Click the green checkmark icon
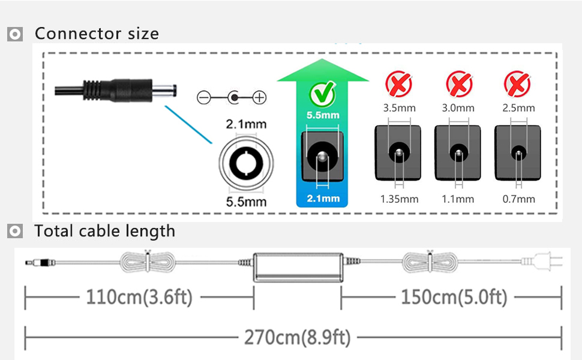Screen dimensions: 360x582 click(x=322, y=93)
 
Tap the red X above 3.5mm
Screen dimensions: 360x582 click(x=398, y=85)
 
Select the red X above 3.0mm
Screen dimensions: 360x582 click(x=458, y=85)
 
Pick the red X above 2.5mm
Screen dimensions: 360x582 click(x=518, y=85)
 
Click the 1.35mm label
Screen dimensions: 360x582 click(x=399, y=199)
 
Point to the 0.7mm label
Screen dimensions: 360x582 click(x=518, y=199)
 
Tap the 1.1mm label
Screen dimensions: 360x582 click(x=458, y=199)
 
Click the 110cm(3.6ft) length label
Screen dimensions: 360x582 click(x=139, y=297)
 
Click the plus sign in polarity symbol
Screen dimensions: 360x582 click(x=259, y=97)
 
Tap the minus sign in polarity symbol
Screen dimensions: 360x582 click(x=204, y=97)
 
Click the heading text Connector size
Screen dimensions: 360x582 click(x=97, y=34)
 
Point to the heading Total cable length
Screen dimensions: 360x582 click(x=104, y=231)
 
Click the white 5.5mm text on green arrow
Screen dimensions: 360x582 click(x=322, y=115)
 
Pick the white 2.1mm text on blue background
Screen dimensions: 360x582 click(x=322, y=199)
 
